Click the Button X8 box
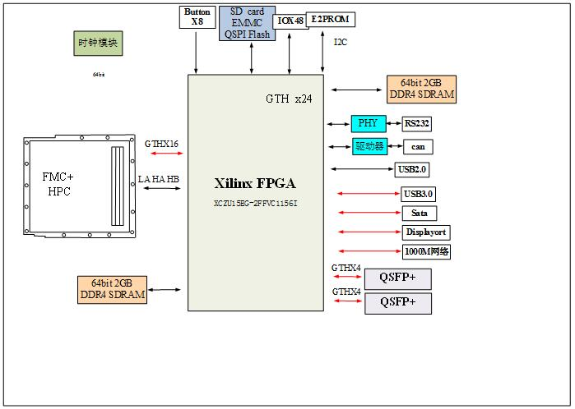pyautogui.click(x=197, y=17)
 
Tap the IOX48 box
pyautogui.click(x=290, y=20)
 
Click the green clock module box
pyautogui.click(x=98, y=44)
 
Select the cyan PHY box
pyautogui.click(x=368, y=124)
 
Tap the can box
pyautogui.click(x=418, y=147)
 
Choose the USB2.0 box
pyautogui.click(x=411, y=170)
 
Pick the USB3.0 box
pyautogui.click(x=419, y=194)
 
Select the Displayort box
pyautogui.click(x=426, y=232)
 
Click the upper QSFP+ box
pyautogui.click(x=397, y=278)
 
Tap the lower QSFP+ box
pyautogui.click(x=397, y=302)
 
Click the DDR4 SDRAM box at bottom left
pyautogui.click(x=114, y=289)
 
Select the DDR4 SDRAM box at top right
pyautogui.click(x=421, y=90)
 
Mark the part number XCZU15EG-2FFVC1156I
pyautogui.click(x=255, y=202)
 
